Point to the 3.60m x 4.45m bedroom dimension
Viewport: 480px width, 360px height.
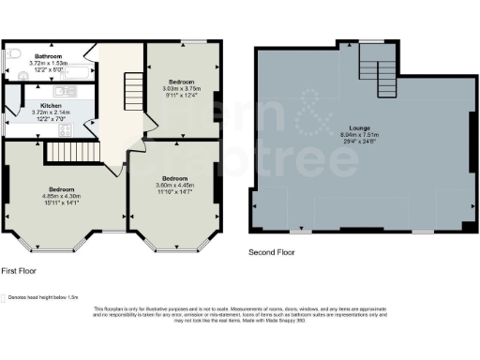point(174,185)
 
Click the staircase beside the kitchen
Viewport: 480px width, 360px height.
point(67,150)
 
